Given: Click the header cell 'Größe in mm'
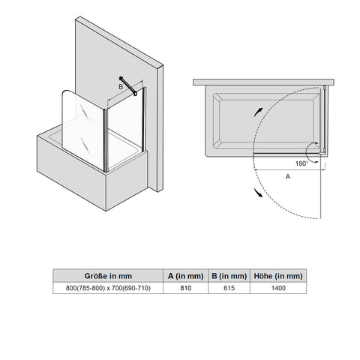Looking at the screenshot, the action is coord(108,276).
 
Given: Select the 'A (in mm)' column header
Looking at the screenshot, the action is coord(185,276).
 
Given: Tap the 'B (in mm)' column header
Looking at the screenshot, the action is coord(229,276).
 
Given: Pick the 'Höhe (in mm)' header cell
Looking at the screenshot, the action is coord(278,276).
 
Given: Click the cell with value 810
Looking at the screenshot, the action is coord(186,288).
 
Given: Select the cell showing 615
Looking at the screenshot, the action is coord(229,288).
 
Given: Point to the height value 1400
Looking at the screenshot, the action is coord(278,288).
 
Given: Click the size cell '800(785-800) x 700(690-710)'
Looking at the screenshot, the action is coord(108,288).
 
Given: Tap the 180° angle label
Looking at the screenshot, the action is coord(301,163).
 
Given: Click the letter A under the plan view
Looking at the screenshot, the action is coord(288,176).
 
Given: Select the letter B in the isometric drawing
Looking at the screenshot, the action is coord(121,87).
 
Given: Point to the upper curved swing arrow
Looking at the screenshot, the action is coord(257,112).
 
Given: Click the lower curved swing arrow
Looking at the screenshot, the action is coord(258,193).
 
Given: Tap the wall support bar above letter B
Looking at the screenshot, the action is coord(128,85).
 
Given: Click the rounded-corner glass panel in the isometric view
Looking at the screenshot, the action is coord(83,130).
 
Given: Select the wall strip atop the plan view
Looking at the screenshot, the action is coord(263,82).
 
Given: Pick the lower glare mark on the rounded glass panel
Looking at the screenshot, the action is coord(85,145).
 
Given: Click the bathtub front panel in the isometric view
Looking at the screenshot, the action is coord(71,173).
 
